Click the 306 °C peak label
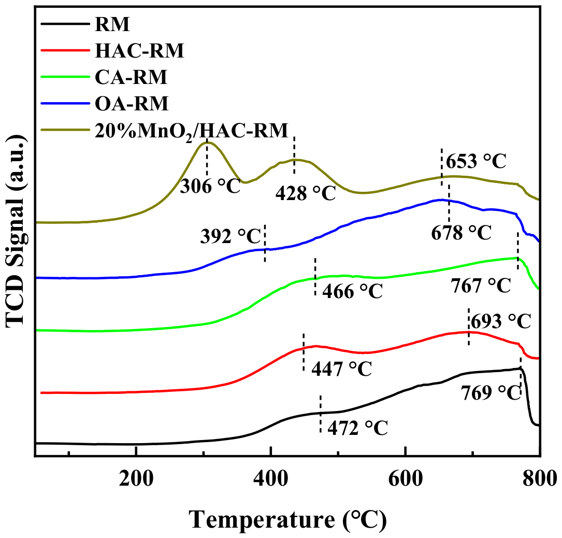coord(210,186)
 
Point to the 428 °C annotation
coord(306,194)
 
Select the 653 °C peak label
coord(476,161)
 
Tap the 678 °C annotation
coord(461,233)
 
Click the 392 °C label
coord(230,236)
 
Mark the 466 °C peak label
coord(353,291)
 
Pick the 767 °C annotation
coord(481,286)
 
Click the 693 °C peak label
coord(501,321)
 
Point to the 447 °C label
coord(341,369)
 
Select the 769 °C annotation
coord(491,393)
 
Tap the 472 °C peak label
coord(358,428)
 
